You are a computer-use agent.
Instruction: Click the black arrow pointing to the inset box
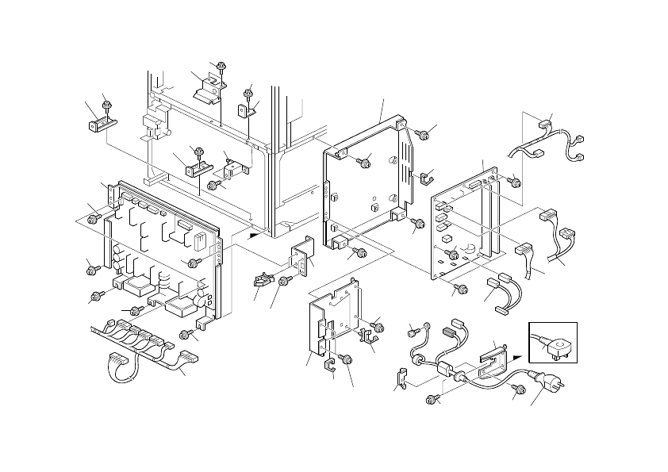(517, 357)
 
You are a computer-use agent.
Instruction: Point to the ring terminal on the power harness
(428, 325)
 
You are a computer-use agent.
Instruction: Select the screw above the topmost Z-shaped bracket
(221, 66)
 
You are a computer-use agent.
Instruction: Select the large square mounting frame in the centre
(369, 182)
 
